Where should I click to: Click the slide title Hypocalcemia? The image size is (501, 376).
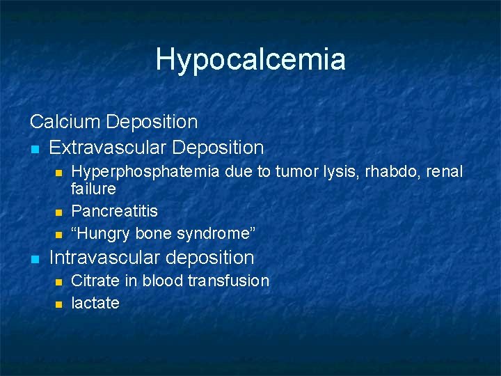pos(250,59)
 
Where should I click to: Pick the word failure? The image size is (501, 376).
pos(94,189)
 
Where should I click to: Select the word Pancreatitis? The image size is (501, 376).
pos(115,211)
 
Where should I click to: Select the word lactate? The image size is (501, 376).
pos(95,303)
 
